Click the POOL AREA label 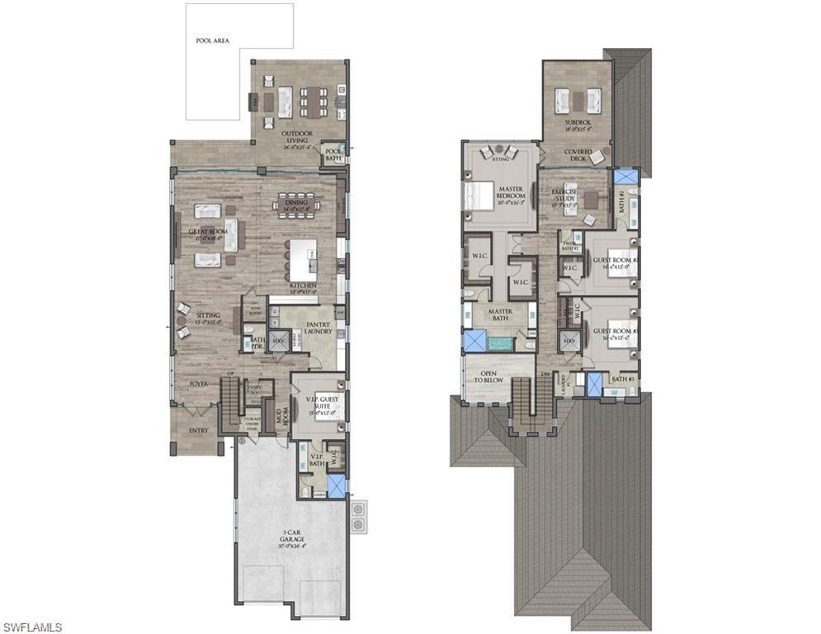pos(212,40)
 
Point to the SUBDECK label pos(578,125)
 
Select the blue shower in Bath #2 pos(625,177)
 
